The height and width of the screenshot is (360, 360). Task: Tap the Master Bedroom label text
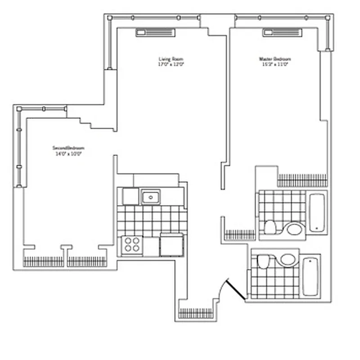[274, 59]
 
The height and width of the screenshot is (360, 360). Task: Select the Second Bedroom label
[68, 148]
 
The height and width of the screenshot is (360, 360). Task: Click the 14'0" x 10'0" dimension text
[68, 153]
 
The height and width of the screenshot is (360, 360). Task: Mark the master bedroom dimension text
[274, 64]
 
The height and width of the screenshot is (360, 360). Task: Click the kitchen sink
[150, 197]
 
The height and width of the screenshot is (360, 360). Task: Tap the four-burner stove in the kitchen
[131, 245]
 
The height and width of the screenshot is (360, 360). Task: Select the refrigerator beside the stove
[171, 245]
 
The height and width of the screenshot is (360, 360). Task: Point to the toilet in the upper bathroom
[270, 227]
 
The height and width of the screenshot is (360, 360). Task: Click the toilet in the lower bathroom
[263, 261]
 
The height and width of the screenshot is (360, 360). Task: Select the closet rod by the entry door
[196, 313]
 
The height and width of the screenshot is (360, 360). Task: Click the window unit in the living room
[155, 32]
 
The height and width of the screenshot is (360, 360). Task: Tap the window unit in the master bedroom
[282, 32]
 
